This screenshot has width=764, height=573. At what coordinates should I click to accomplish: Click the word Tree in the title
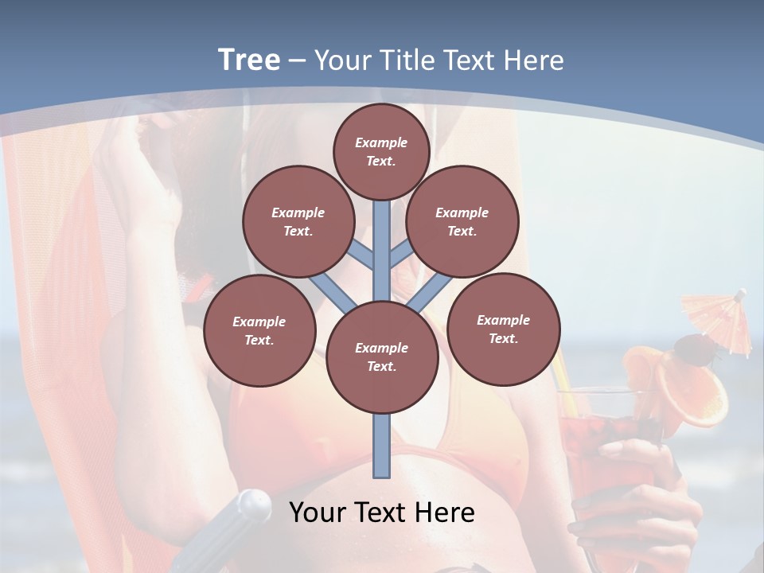(249, 60)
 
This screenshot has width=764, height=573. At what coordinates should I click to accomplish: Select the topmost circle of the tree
(381, 151)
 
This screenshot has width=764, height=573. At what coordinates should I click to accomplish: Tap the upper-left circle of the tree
(298, 221)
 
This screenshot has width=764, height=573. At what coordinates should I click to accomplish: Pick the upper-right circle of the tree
(462, 221)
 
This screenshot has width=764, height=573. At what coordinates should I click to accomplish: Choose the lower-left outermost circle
(259, 330)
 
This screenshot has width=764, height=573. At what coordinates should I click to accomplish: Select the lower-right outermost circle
(503, 329)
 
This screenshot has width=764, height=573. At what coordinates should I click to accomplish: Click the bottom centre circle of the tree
(381, 357)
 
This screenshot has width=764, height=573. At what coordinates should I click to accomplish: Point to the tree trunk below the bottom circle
(382, 446)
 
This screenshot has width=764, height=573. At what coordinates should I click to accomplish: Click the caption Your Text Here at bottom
(381, 512)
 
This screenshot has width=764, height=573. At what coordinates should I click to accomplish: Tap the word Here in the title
(533, 60)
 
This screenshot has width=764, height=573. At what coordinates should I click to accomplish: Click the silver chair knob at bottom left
(252, 504)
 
